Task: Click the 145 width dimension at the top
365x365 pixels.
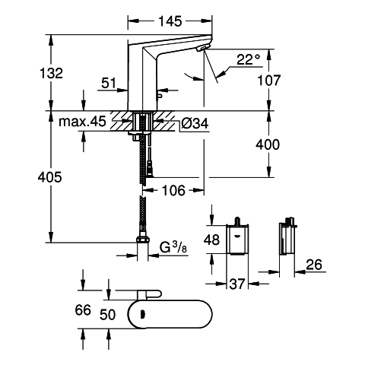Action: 170,21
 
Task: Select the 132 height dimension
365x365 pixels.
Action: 51,73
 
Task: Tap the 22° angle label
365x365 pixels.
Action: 249,60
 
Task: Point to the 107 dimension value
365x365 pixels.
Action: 269,81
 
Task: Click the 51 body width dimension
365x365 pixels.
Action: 109,83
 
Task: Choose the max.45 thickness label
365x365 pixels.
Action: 82,122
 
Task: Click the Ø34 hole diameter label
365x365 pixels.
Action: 195,124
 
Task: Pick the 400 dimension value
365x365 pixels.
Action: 268,144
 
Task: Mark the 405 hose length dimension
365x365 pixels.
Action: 49,177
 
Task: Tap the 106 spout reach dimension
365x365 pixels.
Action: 173,190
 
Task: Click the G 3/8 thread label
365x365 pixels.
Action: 173,248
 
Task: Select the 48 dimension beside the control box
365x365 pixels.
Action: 211,240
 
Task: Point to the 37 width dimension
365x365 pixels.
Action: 237,284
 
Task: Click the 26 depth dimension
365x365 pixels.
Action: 314,265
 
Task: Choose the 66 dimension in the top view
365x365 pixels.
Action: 83,310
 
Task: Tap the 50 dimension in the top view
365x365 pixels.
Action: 107,315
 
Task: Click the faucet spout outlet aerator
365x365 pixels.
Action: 204,47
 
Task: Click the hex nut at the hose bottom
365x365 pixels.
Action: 143,240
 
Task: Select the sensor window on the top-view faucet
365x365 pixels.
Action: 143,315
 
